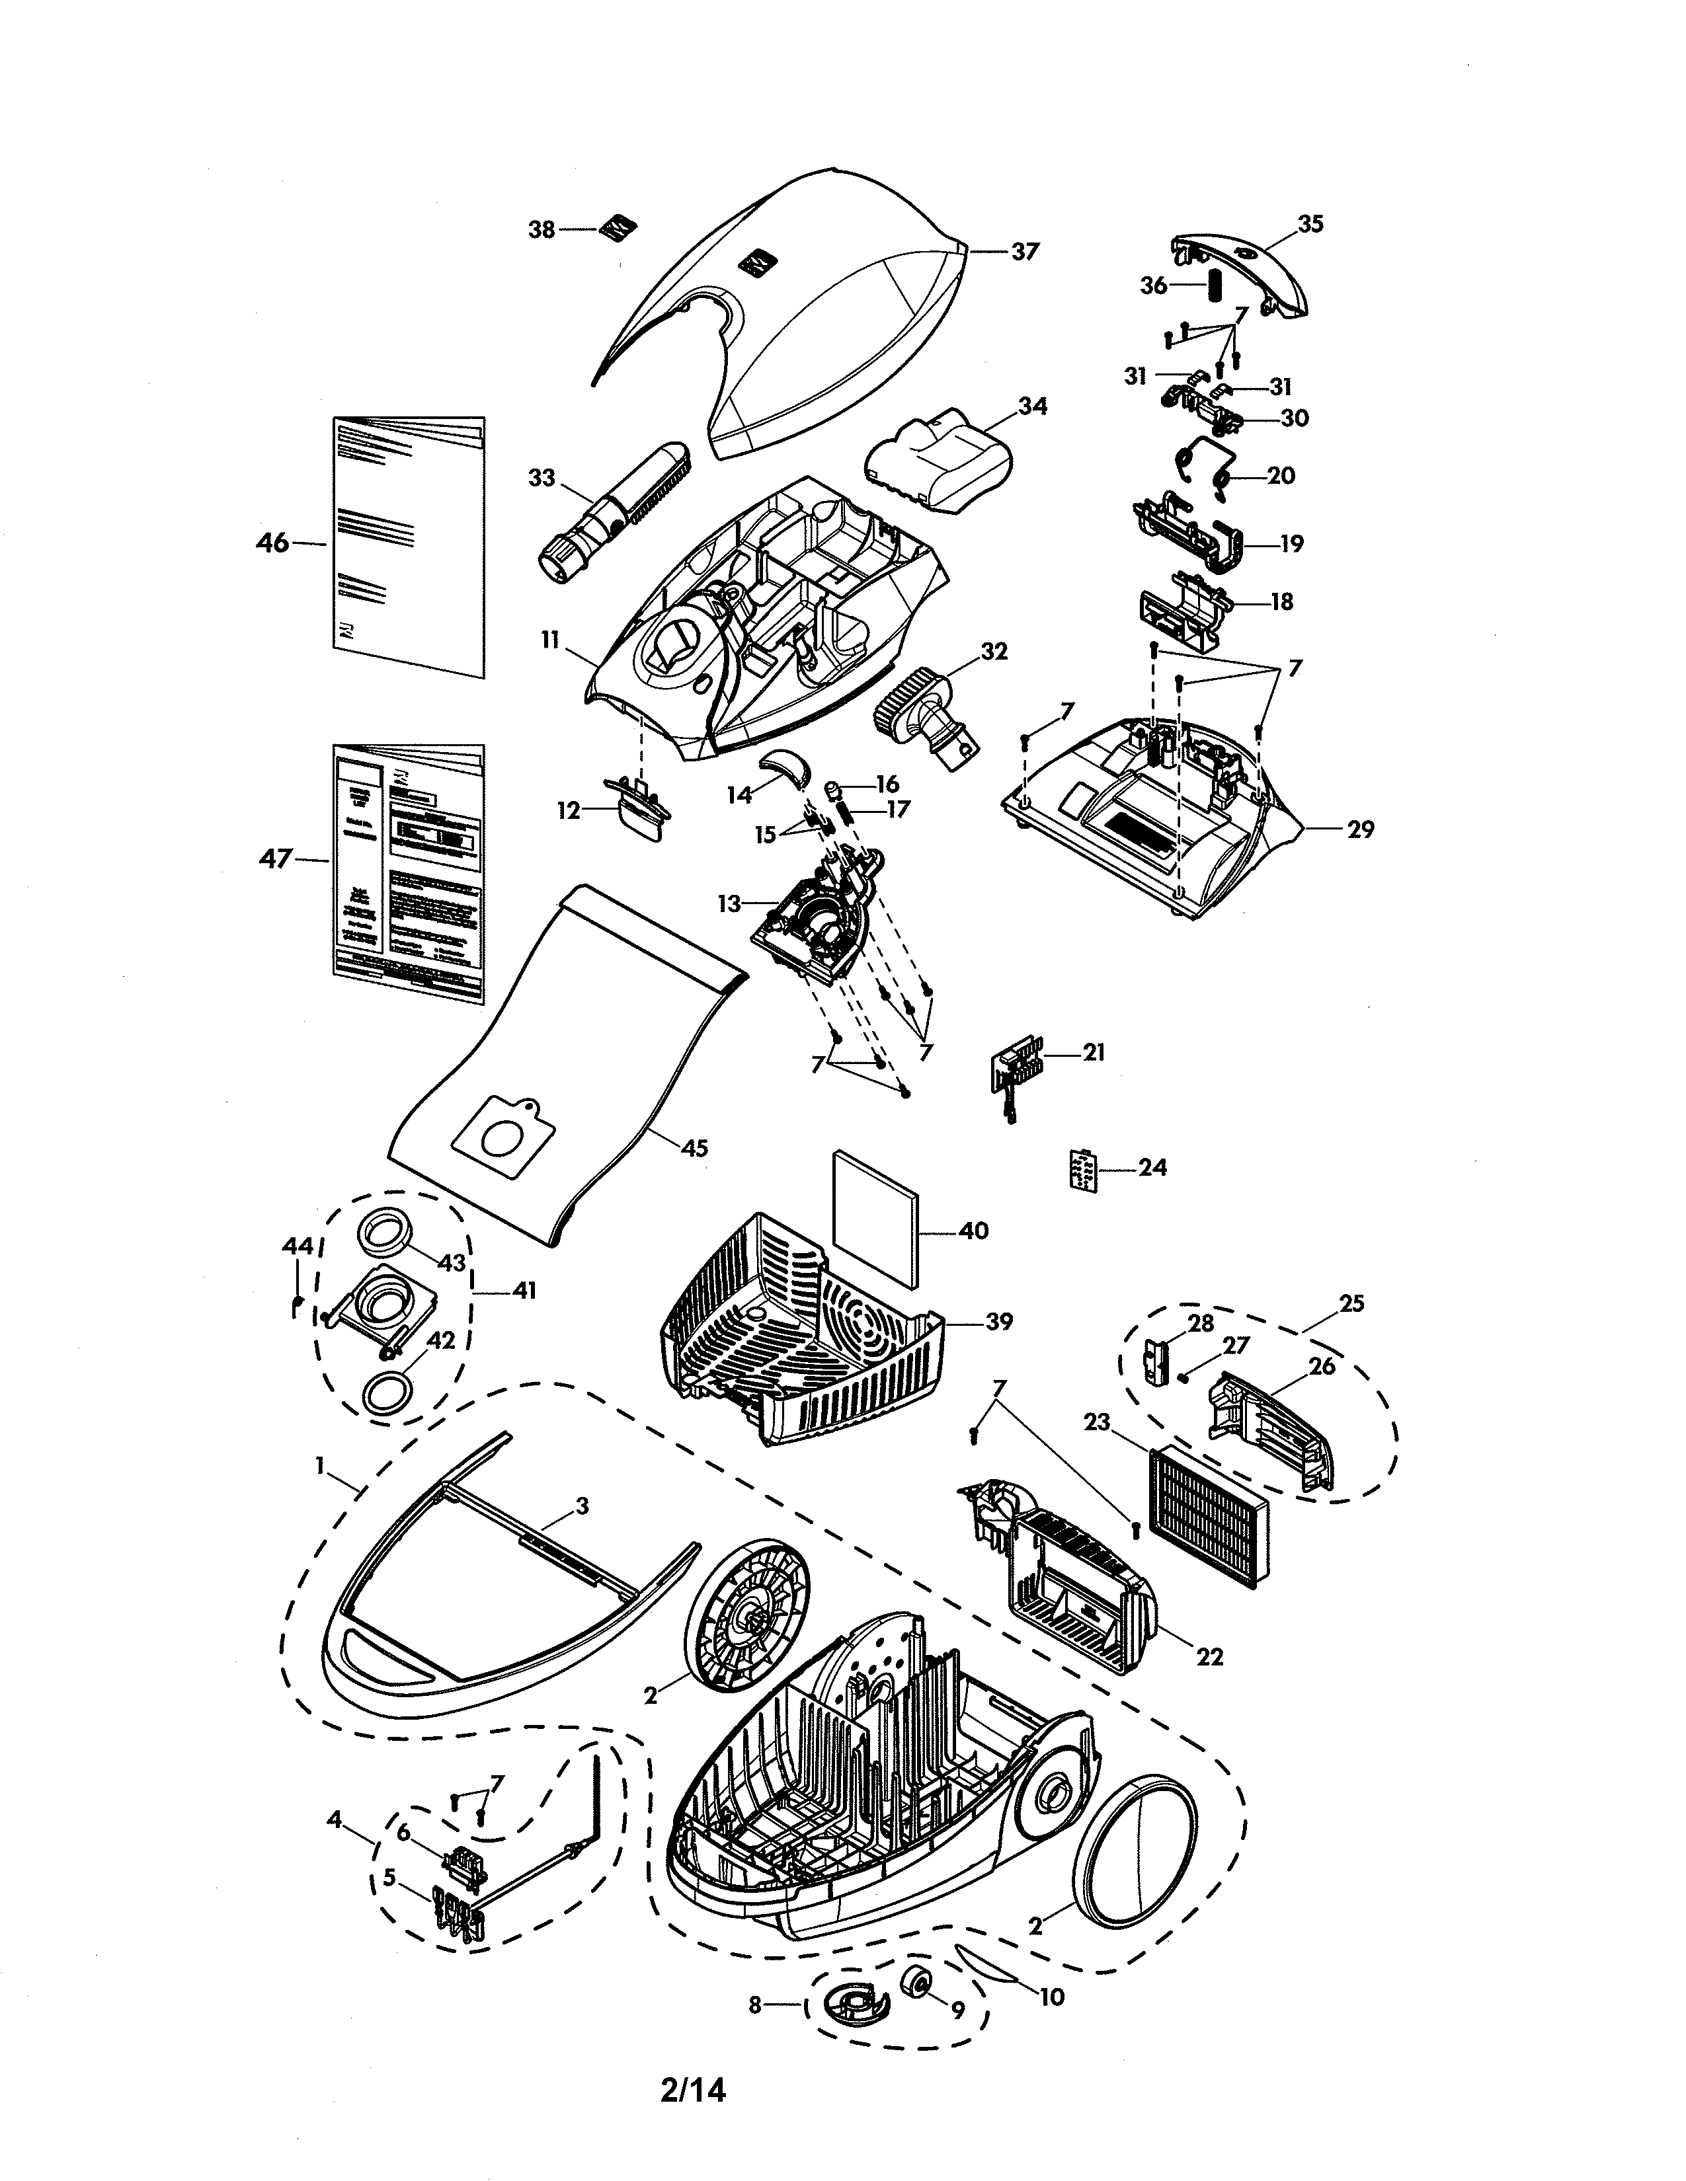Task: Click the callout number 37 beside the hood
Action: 1025,252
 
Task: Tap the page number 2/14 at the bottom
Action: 692,2089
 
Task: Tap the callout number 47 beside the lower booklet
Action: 276,858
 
